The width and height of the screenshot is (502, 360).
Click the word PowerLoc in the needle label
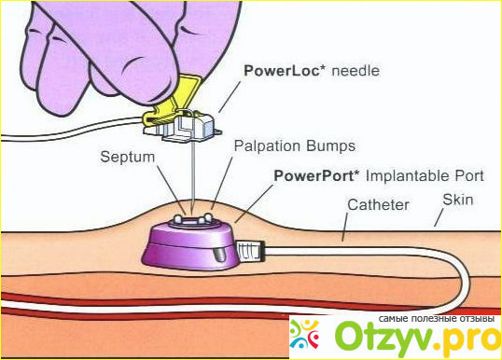click(282, 71)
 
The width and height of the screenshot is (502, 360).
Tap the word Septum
click(128, 158)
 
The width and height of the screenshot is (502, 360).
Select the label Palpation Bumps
click(295, 146)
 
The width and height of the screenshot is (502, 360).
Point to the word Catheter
click(379, 205)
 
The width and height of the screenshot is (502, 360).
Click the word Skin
click(458, 200)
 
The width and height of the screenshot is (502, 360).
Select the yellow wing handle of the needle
click(172, 103)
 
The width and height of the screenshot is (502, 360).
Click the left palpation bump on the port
click(177, 219)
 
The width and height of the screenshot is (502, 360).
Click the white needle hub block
click(188, 127)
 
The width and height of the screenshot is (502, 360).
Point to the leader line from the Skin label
click(439, 217)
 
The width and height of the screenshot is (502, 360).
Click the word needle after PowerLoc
click(356, 71)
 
